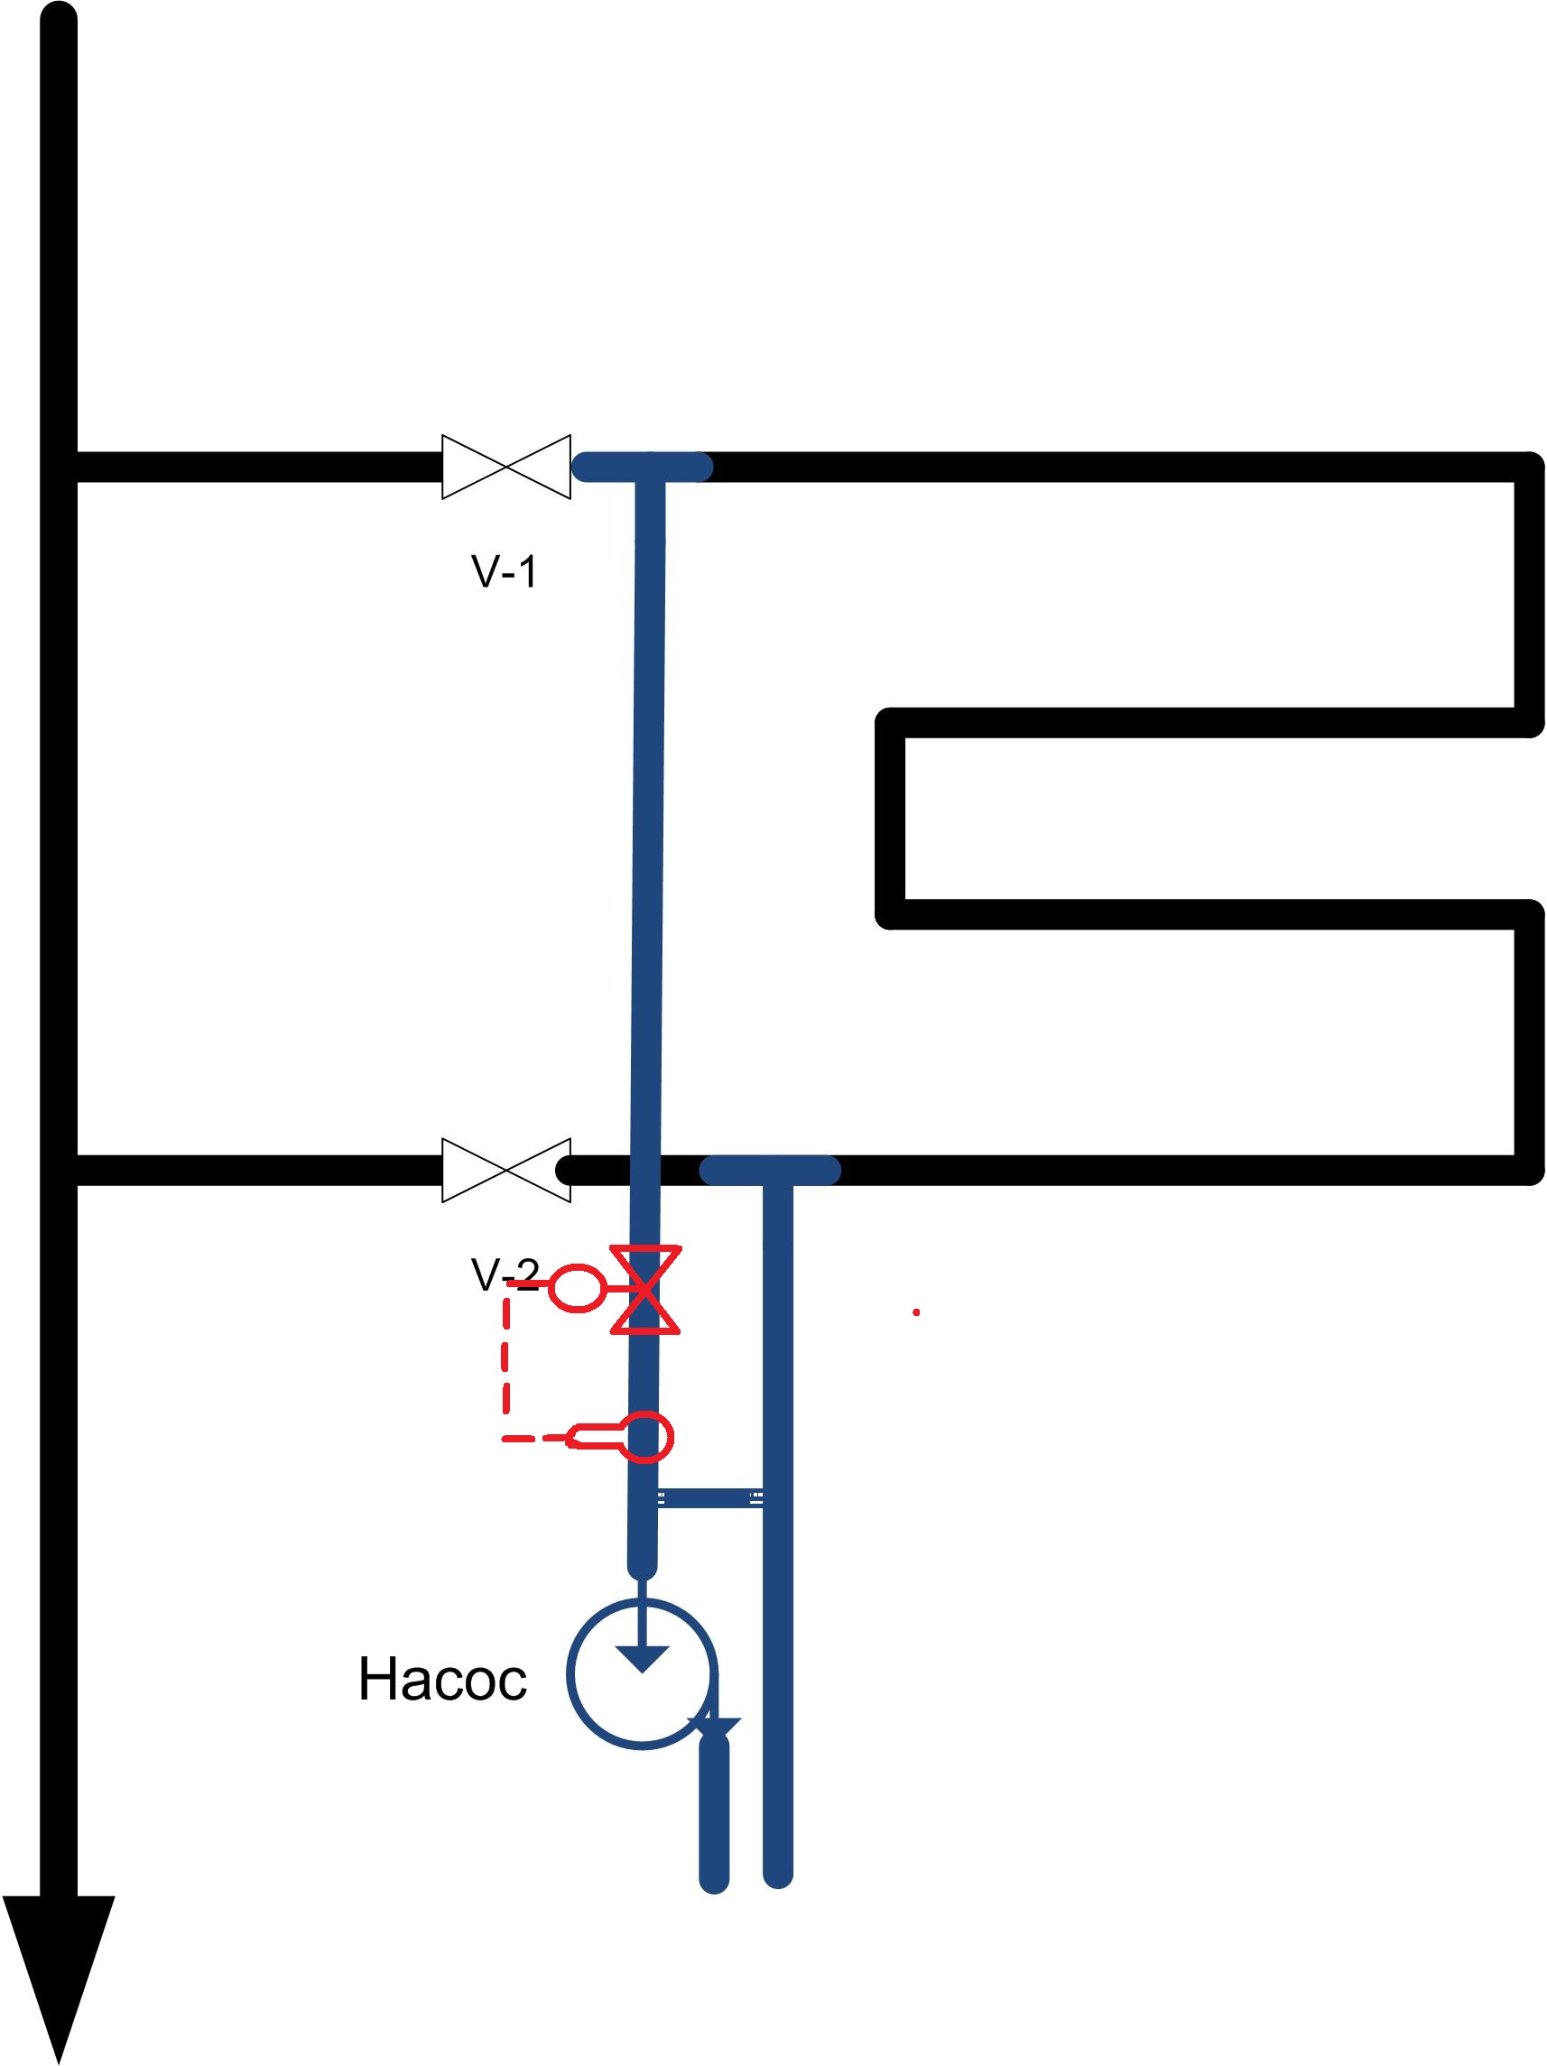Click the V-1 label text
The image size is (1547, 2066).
(505, 570)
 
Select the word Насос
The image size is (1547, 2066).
(442, 1680)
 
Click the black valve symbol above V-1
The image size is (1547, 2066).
(505, 466)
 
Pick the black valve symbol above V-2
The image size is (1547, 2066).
(505, 1170)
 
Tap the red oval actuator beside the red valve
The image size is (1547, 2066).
(576, 1288)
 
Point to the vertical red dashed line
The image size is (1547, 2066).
(506, 1362)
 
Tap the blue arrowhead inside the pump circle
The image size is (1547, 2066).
(643, 1659)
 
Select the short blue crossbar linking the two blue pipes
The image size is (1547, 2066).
(711, 1499)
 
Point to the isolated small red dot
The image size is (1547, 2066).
(916, 1312)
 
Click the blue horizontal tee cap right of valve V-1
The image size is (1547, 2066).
(643, 466)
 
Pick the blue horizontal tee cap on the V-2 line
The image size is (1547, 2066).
(771, 1170)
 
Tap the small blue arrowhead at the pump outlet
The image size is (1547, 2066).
(715, 1728)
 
